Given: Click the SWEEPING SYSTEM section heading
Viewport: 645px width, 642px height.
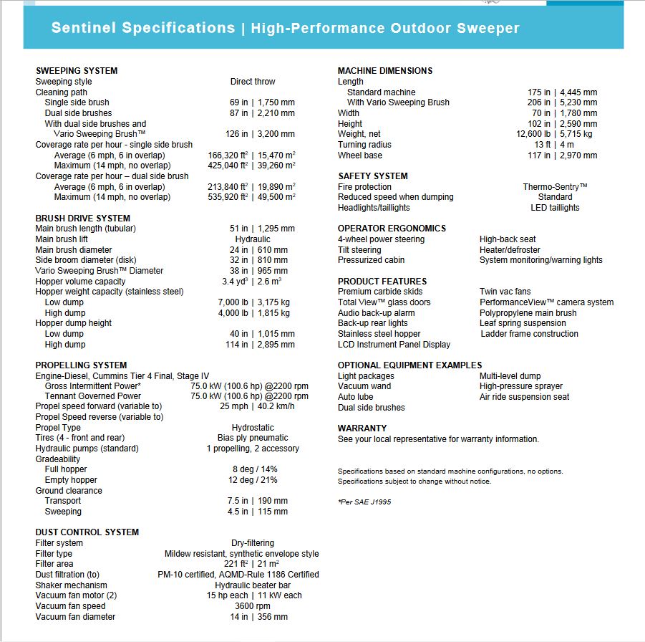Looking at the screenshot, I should click(x=77, y=71).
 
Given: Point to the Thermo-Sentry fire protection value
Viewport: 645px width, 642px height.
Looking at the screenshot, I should click(x=555, y=187).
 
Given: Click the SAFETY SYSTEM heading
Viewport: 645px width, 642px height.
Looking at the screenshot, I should click(x=372, y=176).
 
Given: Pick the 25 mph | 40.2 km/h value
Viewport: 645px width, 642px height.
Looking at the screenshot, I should click(x=256, y=406).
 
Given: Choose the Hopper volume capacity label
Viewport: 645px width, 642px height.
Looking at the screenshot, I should click(x=80, y=282).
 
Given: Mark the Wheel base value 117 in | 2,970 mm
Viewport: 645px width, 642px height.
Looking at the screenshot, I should click(x=562, y=155).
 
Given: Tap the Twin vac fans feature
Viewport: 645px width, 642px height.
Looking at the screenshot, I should click(x=505, y=292).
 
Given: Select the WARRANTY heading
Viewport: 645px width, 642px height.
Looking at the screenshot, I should click(x=362, y=428).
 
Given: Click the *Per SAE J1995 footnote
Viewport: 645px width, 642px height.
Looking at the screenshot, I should click(x=364, y=502).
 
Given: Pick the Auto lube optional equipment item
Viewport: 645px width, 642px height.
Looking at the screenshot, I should click(x=355, y=397).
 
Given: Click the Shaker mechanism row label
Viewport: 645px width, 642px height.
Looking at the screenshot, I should click(x=72, y=585).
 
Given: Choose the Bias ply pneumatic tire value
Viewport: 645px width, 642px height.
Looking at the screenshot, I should click(x=253, y=438).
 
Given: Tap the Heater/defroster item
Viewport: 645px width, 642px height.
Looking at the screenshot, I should click(x=510, y=250).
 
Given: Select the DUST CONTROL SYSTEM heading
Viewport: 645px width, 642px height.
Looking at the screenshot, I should click(x=87, y=532).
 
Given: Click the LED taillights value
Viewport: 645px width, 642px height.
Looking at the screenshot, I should click(x=555, y=208).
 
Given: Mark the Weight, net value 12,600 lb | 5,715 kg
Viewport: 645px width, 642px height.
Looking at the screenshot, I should click(x=554, y=134).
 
